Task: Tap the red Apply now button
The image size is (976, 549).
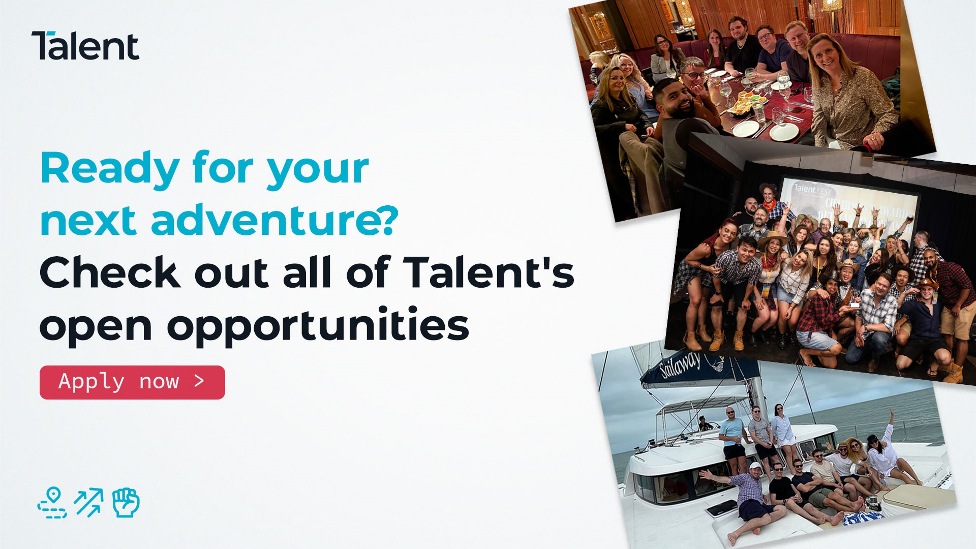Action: point(132,382)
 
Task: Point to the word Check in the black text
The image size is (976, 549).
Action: point(110,273)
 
